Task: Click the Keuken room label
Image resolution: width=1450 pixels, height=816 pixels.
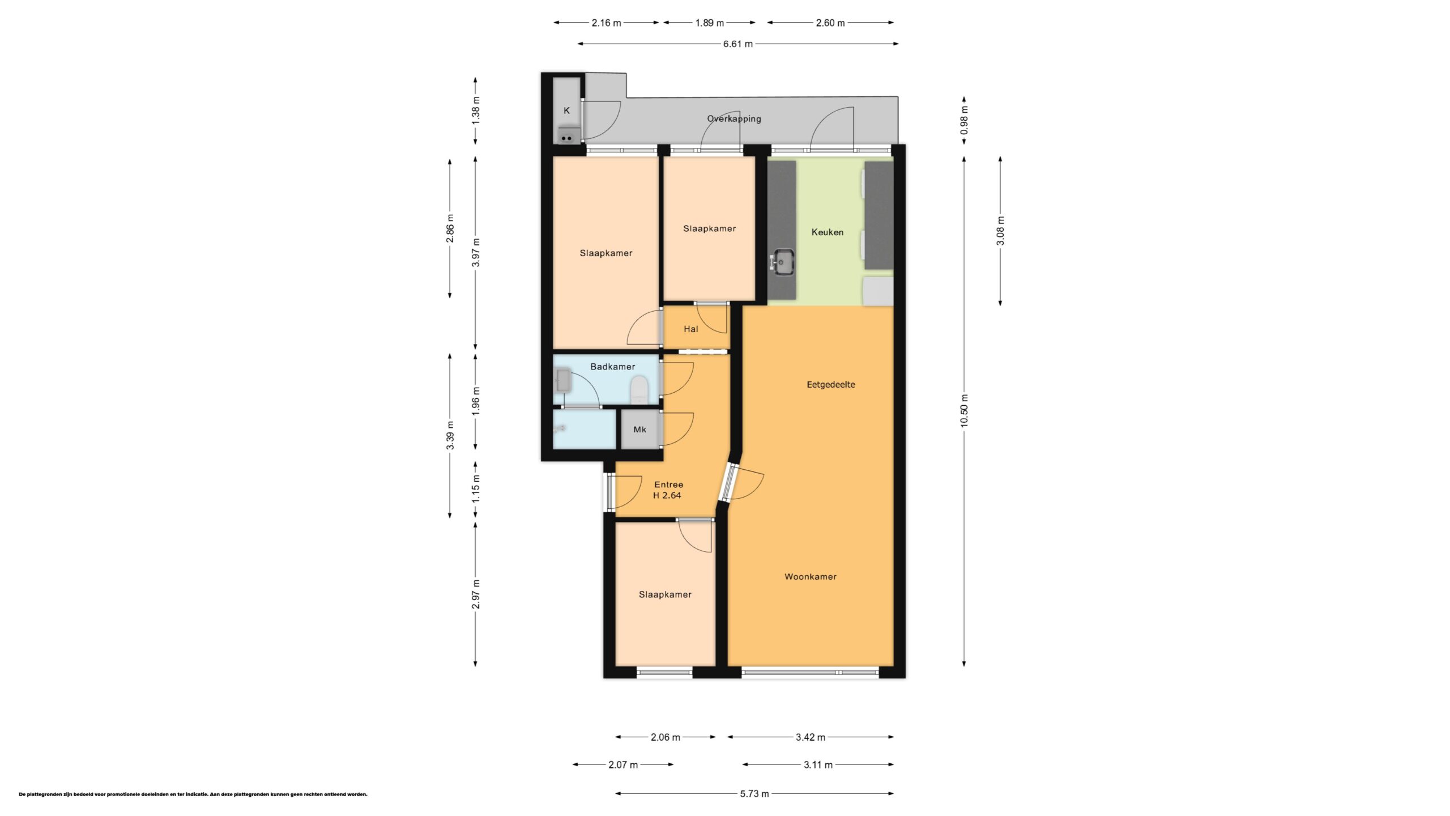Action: coord(827,232)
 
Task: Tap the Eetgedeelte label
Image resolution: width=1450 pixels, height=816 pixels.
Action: coord(831,385)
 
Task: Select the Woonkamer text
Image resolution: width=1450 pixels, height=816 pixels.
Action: coord(811,577)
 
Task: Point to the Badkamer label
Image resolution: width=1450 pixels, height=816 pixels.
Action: coord(613,367)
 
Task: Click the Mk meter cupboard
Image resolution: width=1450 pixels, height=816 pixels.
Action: coord(640,430)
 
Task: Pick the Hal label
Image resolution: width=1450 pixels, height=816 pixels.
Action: coord(691,329)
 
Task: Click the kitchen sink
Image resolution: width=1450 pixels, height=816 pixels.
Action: coord(782,262)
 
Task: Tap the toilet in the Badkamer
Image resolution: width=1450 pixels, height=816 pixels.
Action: coord(639,389)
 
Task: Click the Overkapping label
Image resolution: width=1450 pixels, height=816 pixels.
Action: coord(734,119)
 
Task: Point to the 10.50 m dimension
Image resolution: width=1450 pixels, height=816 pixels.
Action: coord(965,411)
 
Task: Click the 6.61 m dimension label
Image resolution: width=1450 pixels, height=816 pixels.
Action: coord(738,44)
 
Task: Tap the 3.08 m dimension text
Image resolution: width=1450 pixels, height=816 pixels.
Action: coord(1001,231)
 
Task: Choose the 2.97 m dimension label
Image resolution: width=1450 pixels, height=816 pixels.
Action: coord(476,594)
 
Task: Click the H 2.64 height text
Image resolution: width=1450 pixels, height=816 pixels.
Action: coord(667,496)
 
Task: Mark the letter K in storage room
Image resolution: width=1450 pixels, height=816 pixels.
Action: coord(566,111)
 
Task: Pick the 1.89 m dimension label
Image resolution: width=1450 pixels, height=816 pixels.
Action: coord(710,23)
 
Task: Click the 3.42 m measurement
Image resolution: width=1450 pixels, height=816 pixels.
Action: coord(811,737)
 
